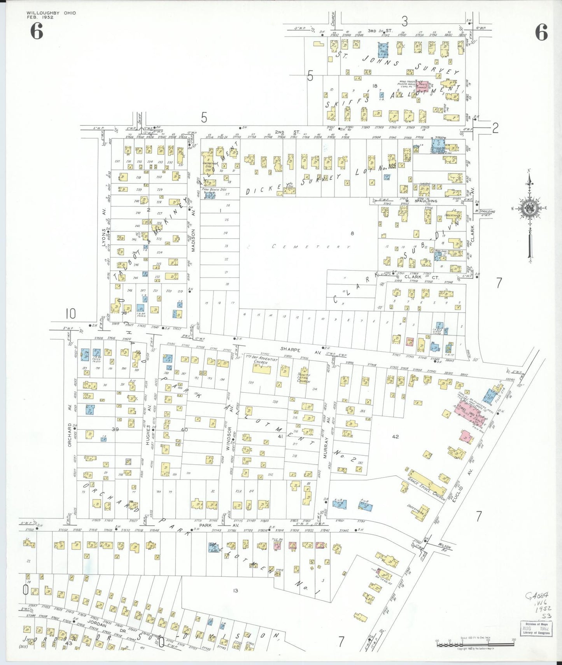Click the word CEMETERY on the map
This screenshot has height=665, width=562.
(311, 247)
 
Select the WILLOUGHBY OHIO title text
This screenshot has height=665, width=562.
(51, 13)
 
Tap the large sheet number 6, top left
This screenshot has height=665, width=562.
(37, 31)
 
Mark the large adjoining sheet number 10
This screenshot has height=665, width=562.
(70, 313)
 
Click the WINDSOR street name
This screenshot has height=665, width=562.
(229, 439)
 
